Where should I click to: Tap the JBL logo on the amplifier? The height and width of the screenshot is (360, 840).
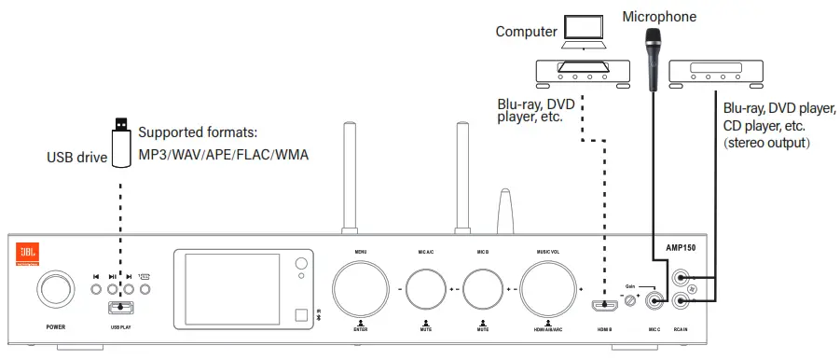[x=28, y=253]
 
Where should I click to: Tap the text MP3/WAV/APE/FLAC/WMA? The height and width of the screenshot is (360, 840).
[x=224, y=153]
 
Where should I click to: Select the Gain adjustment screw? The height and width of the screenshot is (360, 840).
[x=634, y=300]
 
